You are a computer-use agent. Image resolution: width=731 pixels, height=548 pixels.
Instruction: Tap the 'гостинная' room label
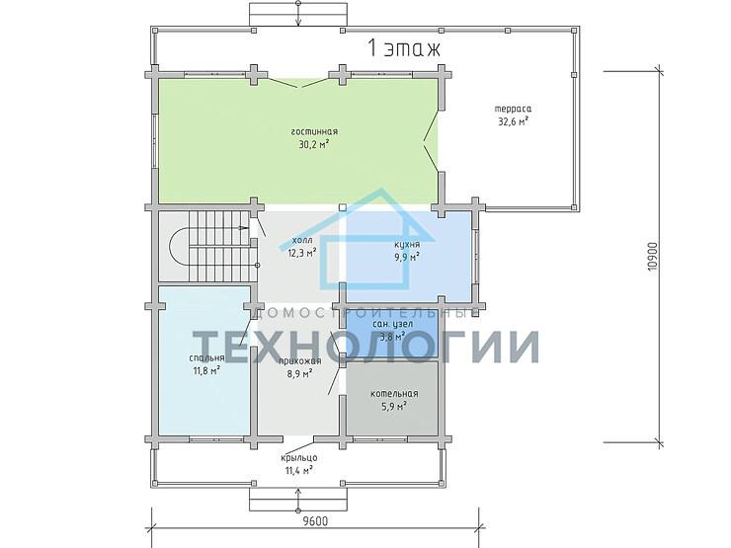(314, 131)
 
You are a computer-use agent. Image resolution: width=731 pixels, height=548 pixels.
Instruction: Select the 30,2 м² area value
(314, 144)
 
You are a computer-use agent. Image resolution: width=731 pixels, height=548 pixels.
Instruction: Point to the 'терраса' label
(513, 109)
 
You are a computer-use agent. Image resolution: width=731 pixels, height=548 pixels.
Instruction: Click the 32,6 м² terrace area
(513, 121)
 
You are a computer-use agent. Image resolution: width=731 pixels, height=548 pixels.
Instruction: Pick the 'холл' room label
(302, 240)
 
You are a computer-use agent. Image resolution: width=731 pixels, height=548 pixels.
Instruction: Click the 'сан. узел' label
(392, 324)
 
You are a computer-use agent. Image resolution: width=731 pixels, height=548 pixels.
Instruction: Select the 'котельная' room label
(394, 393)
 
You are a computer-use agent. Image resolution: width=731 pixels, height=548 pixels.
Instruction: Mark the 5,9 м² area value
(394, 406)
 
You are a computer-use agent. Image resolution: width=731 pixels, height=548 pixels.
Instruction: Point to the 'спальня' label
(206, 357)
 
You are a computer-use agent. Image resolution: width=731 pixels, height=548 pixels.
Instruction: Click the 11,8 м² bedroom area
(205, 371)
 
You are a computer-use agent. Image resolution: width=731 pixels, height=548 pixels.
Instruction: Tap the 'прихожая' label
(299, 361)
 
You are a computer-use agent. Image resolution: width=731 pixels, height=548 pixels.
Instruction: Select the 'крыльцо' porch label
(298, 459)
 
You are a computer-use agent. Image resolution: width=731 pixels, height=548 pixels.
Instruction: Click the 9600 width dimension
(315, 521)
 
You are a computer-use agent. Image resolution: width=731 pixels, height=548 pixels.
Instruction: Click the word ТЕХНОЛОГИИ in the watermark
(365, 347)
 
